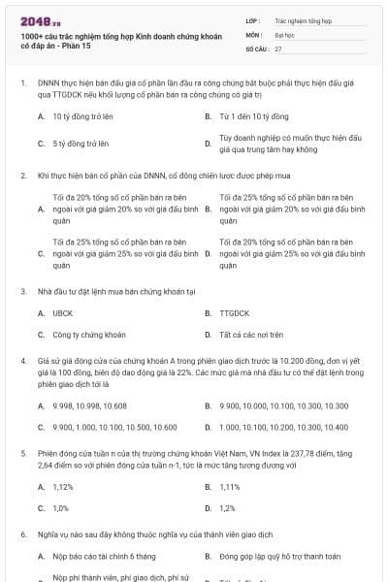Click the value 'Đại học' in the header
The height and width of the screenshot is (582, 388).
(x=285, y=33)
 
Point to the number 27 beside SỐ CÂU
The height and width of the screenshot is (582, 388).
(x=278, y=48)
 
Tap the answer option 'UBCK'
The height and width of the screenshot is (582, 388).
(x=63, y=313)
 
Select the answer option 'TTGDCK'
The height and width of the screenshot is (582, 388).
(x=236, y=313)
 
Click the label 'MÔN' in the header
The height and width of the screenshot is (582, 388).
(x=254, y=33)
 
